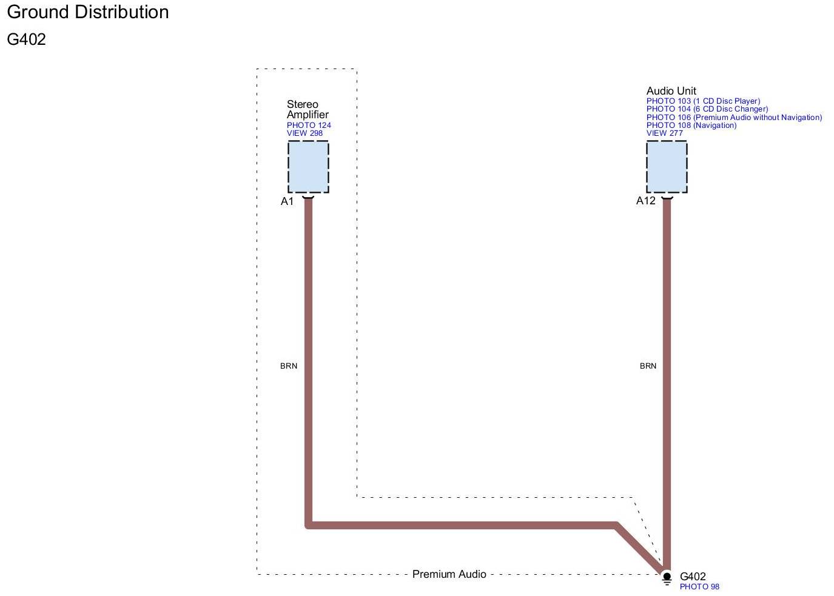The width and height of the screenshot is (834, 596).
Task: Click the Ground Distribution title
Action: (88, 12)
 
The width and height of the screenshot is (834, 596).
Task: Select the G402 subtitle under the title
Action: (27, 39)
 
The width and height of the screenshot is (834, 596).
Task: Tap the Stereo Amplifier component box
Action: (308, 167)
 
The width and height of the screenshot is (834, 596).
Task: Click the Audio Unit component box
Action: (667, 167)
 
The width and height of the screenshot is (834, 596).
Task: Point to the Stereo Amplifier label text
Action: (308, 110)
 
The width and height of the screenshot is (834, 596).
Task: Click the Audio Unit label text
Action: (671, 91)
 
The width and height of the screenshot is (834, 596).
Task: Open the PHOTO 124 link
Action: (309, 126)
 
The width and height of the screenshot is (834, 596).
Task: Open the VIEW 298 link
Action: (304, 133)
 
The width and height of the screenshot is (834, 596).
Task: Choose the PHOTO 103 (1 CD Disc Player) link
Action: (703, 101)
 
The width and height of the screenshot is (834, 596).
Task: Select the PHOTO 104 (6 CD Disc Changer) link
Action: (707, 109)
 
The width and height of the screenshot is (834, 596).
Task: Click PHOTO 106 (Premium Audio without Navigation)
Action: (734, 118)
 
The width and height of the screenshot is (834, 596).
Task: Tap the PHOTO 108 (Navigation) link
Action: (691, 126)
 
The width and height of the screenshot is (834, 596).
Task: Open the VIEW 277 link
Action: (664, 133)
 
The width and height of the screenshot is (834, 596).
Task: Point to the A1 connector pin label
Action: (287, 201)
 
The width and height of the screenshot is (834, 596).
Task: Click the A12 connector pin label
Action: (645, 201)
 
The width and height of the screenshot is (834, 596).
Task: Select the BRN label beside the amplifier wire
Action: (289, 366)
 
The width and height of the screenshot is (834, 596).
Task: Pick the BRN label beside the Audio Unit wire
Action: (648, 366)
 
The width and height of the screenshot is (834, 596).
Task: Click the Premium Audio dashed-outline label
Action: (449, 574)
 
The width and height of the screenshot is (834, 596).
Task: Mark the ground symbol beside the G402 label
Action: (667, 578)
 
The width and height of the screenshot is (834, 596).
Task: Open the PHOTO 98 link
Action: (699, 587)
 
